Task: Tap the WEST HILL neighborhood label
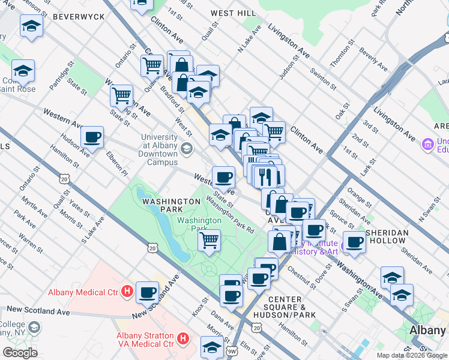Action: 233,13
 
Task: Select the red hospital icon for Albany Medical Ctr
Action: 127,292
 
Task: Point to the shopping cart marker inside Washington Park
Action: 209,240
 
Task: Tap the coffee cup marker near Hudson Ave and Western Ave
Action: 92,137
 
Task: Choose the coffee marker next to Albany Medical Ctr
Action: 148,292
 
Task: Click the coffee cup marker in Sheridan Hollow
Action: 355,242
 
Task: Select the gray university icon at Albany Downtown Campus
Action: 187,148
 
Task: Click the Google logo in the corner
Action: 20,353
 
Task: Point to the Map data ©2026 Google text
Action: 411,355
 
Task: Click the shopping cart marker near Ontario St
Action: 121,95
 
